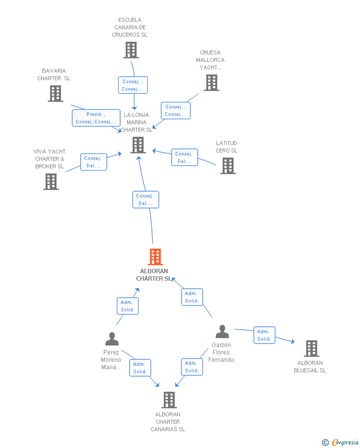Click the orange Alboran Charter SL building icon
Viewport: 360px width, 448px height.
(155, 257)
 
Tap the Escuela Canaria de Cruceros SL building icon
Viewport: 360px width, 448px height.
(131, 50)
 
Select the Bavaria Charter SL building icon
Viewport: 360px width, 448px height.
(55, 94)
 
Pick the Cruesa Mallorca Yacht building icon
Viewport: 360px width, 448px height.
(212, 83)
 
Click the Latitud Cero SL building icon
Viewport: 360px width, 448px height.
(228, 166)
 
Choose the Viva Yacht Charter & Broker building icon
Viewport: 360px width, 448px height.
(51, 182)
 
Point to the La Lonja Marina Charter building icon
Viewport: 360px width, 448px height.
(138, 145)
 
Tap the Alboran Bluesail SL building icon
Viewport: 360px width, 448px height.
(312, 348)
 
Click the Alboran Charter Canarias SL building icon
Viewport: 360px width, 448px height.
(169, 399)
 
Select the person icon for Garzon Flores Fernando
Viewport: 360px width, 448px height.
(223, 332)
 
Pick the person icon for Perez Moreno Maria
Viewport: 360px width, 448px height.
(112, 339)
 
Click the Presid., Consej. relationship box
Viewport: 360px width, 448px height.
(96, 118)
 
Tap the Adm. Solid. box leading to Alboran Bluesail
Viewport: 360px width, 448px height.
(265, 335)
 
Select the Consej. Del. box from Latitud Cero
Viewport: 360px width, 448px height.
(184, 157)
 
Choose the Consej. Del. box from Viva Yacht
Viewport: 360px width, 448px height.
(93, 162)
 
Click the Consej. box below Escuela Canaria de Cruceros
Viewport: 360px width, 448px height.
(133, 85)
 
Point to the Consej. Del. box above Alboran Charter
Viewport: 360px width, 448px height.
(145, 199)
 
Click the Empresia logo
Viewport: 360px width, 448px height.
(340, 442)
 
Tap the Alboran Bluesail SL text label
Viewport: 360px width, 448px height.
(310, 367)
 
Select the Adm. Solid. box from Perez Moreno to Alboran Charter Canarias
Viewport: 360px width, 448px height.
(140, 368)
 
